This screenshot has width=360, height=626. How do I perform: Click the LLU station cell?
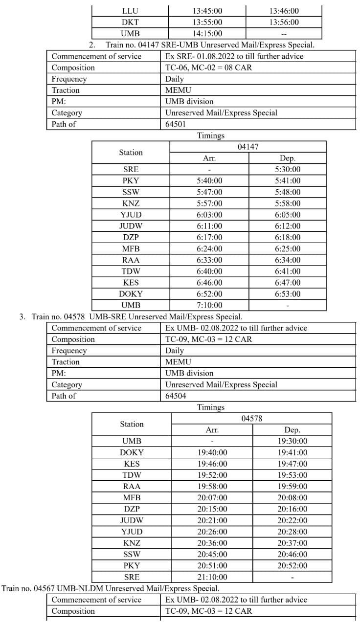(130, 11)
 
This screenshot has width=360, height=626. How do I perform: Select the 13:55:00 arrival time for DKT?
(207, 22)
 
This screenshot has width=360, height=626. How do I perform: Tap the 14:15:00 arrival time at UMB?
(207, 33)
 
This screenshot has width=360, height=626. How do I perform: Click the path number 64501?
(176, 124)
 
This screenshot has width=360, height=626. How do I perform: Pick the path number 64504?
(176, 396)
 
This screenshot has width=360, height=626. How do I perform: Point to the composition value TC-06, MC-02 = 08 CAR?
(209, 67)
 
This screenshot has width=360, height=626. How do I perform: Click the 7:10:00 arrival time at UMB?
(209, 305)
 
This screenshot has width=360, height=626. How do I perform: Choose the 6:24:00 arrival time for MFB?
(209, 248)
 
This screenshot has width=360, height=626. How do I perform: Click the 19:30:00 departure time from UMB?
(292, 441)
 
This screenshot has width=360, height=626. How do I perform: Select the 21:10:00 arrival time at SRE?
(212, 577)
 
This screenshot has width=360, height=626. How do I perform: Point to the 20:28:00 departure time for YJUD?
(292, 532)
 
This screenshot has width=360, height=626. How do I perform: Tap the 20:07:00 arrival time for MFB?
(212, 497)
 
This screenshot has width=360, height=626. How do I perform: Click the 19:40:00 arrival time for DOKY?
(212, 452)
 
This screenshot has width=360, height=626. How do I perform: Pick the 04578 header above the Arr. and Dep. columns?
(252, 419)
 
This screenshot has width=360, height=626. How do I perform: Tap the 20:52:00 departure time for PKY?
(292, 565)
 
